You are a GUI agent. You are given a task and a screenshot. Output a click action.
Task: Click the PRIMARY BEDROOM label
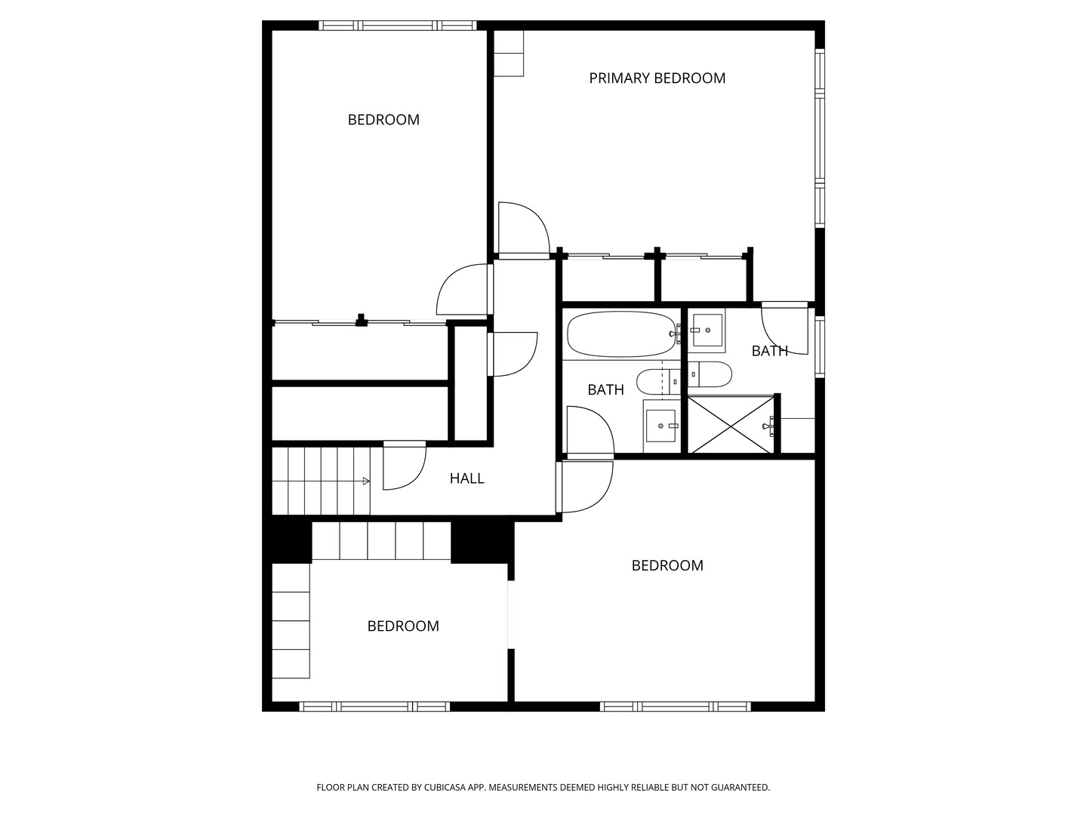[657, 78]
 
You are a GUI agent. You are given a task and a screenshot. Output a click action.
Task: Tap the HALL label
[467, 478]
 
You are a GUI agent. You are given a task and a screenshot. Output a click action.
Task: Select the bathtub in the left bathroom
[620, 334]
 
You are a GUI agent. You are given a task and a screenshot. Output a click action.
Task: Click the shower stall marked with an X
[731, 425]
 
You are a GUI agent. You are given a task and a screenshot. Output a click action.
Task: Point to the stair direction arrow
[365, 481]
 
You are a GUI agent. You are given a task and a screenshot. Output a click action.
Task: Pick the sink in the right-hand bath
[707, 331]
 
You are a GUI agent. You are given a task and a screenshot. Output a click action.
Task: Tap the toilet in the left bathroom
[657, 382]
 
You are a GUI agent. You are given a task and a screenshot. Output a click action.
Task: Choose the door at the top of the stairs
[404, 465]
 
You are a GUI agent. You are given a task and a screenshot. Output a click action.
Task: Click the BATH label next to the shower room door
[769, 351]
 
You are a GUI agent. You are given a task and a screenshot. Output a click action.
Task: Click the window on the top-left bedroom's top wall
[397, 26]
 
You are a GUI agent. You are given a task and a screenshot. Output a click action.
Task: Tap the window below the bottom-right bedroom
[675, 706]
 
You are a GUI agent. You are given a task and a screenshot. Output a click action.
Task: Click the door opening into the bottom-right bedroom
[585, 486]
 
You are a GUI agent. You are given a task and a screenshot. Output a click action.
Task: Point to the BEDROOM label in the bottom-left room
[403, 626]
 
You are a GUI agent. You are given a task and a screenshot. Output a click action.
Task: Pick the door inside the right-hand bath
[785, 332]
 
